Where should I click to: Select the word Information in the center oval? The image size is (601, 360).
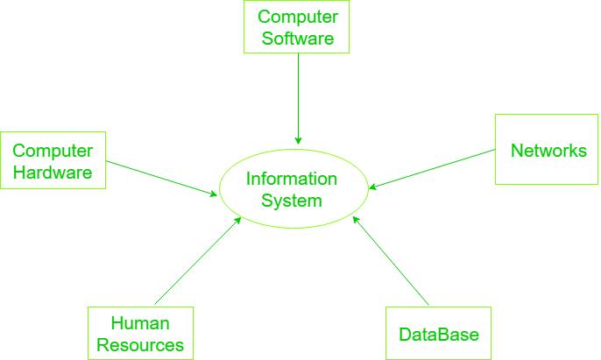292,179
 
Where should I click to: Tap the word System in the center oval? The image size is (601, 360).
292,201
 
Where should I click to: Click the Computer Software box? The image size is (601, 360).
298,27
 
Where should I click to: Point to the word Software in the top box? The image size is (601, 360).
298,39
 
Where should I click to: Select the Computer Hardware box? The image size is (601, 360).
53,160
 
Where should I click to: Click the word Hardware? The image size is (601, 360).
53,173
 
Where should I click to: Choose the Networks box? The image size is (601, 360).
547,149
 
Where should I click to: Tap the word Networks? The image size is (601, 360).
548,151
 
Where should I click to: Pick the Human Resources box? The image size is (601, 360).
140,334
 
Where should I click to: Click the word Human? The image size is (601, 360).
140,323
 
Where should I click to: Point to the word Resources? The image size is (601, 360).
140,345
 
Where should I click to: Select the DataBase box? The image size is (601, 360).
439,334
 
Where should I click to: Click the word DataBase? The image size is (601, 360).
439,335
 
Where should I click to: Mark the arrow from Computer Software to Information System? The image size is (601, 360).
298,96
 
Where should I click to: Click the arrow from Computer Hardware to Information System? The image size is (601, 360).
162,178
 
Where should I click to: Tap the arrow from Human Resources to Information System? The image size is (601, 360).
197,261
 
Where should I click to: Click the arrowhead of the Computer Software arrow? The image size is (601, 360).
298,140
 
